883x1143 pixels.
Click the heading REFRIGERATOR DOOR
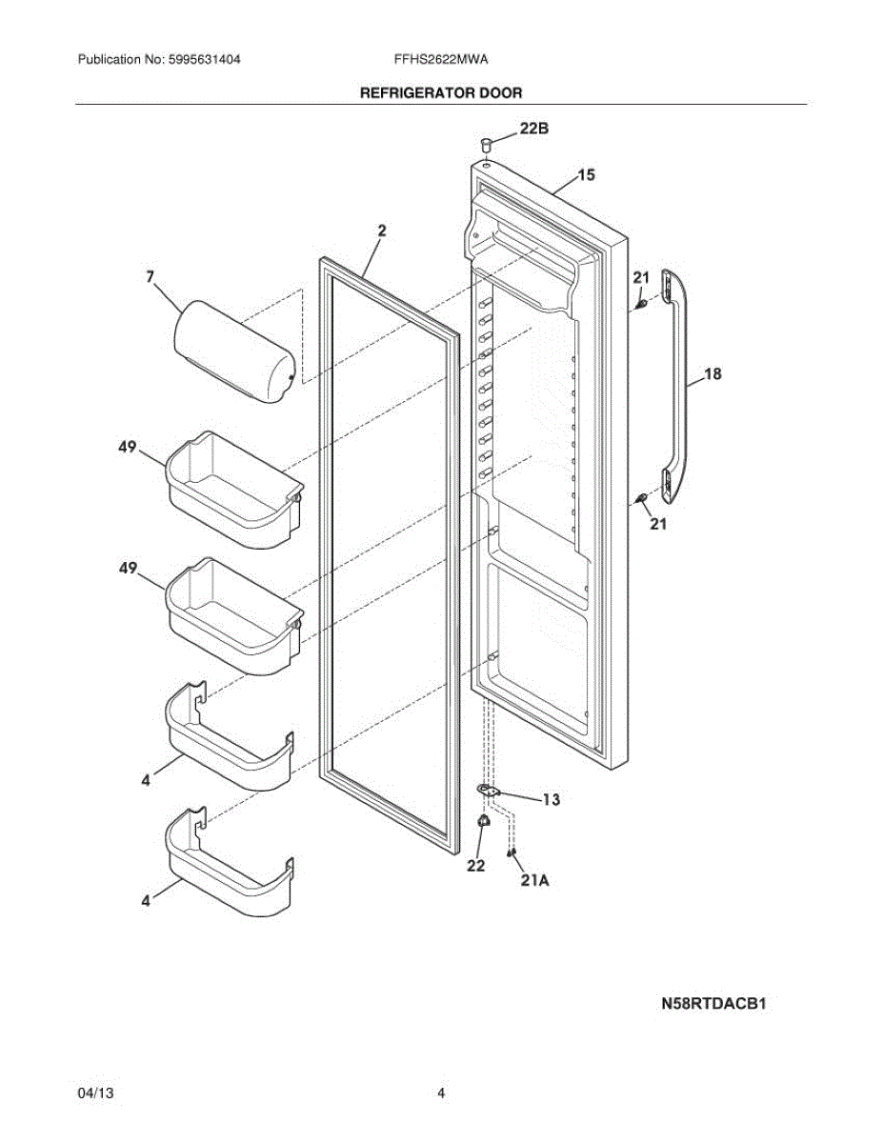click(x=440, y=93)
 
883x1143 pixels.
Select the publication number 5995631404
click(x=203, y=59)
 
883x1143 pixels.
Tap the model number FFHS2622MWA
click(x=441, y=59)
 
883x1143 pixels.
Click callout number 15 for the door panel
click(x=586, y=174)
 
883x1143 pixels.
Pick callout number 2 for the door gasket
click(x=381, y=230)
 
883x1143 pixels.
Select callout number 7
click(x=151, y=277)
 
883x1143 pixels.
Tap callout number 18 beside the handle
click(x=712, y=374)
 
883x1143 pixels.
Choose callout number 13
click(x=551, y=799)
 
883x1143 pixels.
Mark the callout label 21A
click(x=534, y=881)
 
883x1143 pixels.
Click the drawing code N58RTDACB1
click(x=714, y=1003)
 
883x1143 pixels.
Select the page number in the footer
click(x=441, y=1093)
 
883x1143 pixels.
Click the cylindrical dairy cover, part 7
click(x=234, y=352)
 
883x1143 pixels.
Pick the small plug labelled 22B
click(x=487, y=145)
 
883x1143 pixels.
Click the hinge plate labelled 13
click(x=489, y=790)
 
